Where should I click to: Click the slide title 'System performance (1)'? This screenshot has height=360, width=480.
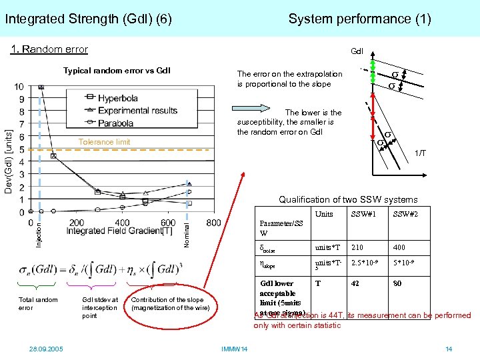[359, 19]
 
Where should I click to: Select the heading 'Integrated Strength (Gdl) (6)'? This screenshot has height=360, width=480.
[89, 19]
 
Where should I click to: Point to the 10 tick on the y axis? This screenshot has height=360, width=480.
[19, 87]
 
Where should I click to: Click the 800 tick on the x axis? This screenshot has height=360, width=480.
[214, 222]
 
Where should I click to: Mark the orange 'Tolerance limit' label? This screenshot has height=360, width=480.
[104, 142]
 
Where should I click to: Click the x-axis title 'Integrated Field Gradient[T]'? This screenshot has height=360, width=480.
[115, 231]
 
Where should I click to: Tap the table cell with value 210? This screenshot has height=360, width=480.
[359, 248]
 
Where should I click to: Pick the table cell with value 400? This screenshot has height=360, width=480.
[400, 248]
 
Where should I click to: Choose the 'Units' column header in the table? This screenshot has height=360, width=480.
[324, 215]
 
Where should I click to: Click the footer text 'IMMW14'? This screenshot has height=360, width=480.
[234, 349]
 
